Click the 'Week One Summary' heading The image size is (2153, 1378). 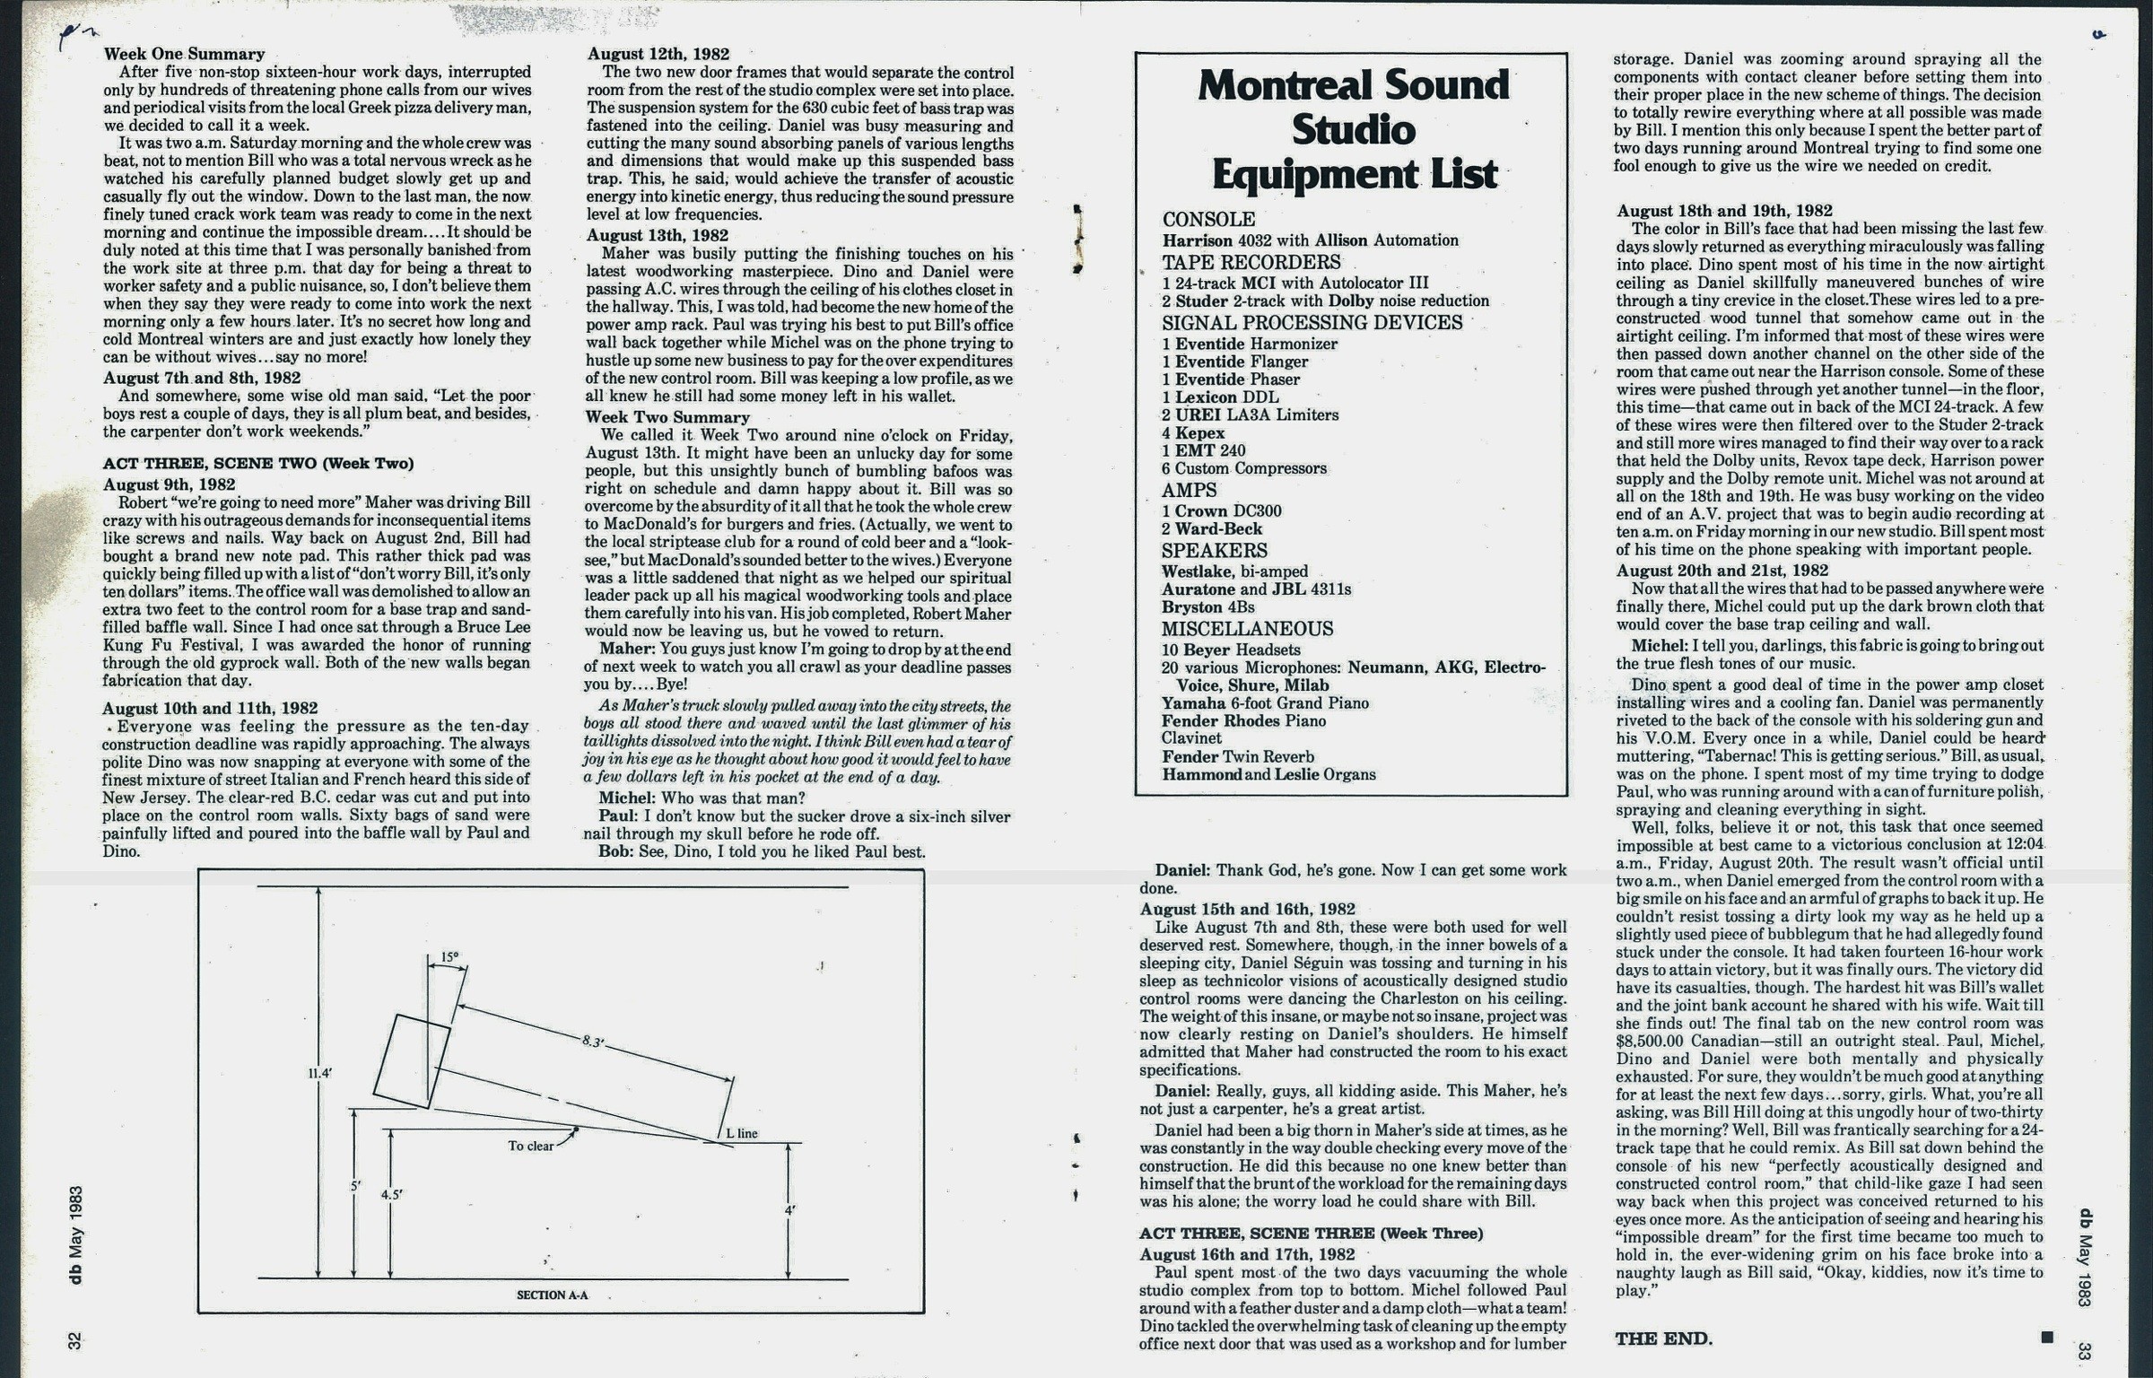point(184,54)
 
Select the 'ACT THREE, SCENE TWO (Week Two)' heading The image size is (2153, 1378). point(258,464)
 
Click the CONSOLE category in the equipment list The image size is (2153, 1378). point(1208,220)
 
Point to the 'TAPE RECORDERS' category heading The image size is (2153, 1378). point(1251,263)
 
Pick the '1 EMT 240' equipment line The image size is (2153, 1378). point(1204,450)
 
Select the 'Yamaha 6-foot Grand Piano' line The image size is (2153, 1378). point(1265,703)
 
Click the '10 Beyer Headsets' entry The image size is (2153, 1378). point(1231,650)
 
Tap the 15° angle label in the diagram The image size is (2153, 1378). point(449,957)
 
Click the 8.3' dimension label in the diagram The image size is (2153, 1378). point(594,1042)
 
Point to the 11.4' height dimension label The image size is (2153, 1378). point(320,1072)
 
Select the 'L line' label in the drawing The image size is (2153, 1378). point(741,1133)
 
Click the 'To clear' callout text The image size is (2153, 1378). point(531,1146)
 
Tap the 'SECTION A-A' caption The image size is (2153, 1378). point(552,1295)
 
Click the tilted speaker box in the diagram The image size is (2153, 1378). point(412,1061)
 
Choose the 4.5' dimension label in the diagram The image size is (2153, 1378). point(392,1195)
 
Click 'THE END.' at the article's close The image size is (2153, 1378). point(1664,1339)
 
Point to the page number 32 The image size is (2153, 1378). point(75,1340)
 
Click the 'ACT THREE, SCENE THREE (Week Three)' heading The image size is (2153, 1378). point(1311,1234)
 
